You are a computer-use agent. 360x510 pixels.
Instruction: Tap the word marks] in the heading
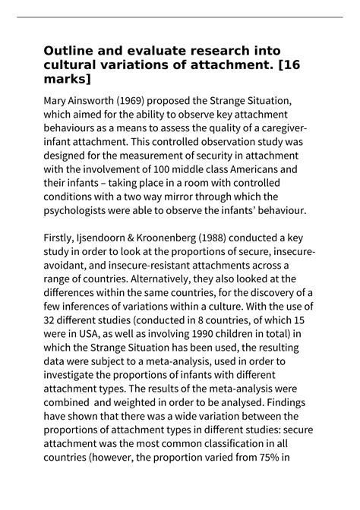click(x=68, y=79)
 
